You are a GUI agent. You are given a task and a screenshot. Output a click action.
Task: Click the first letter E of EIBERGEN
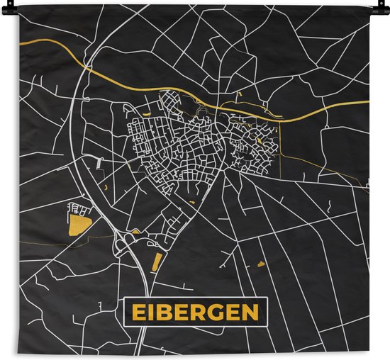coord(136,313)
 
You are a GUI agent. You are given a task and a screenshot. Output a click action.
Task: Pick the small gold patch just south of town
coord(192,203)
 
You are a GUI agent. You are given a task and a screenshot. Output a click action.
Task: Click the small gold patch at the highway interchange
coord(135,232)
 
